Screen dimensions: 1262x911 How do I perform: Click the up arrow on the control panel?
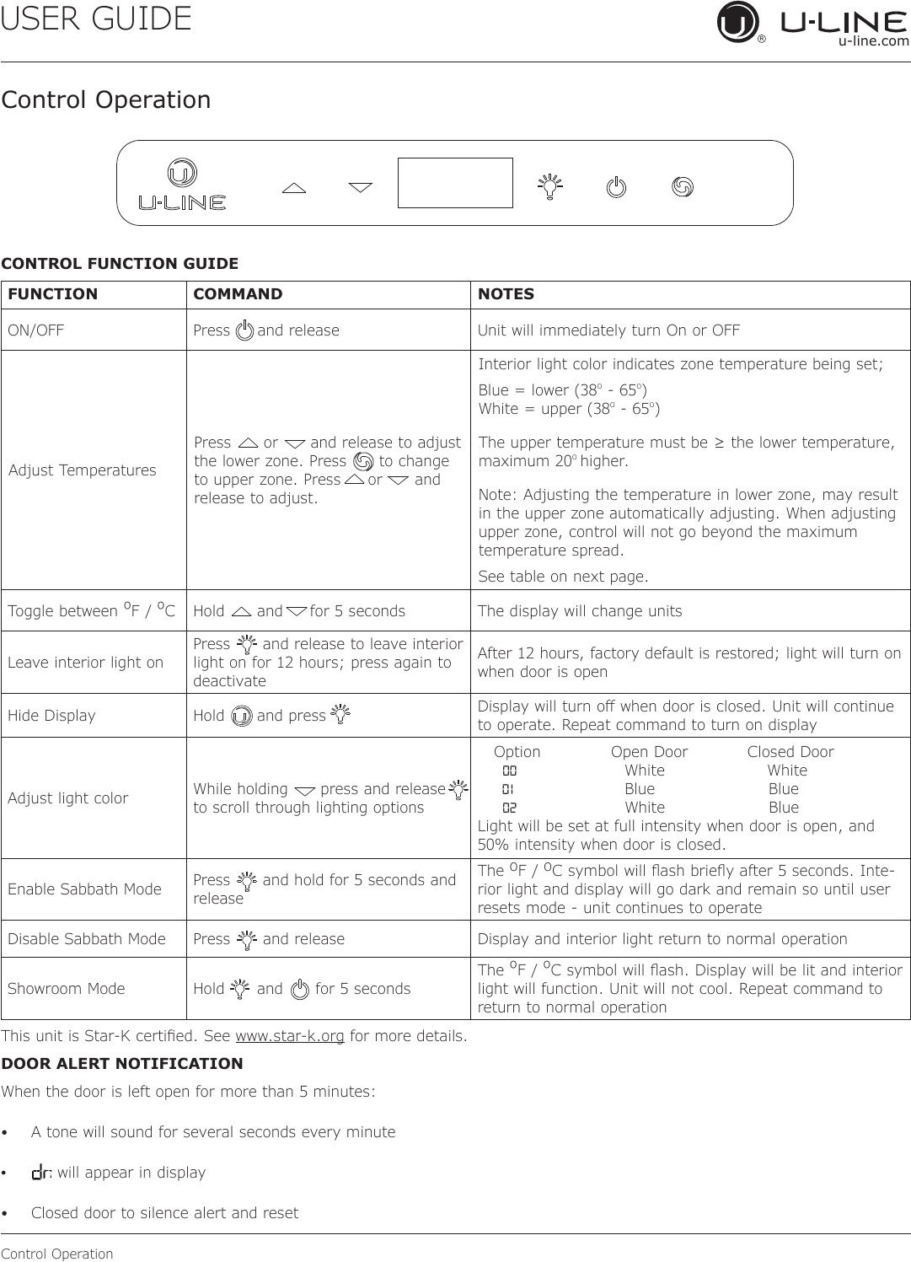[294, 188]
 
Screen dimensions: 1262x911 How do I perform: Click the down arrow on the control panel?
[361, 187]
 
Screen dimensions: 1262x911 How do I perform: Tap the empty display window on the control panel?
[455, 183]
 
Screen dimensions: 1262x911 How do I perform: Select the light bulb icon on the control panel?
[550, 186]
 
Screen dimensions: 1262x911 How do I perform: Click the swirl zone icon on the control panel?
[683, 186]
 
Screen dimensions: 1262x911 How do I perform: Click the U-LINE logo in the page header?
[813, 24]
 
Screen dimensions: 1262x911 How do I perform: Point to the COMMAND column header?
[238, 294]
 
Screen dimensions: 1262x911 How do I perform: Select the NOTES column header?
[506, 294]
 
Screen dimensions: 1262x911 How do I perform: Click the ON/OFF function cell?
[36, 330]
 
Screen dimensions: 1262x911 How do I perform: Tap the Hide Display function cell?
[51, 716]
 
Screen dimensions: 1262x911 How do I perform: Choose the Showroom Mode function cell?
[67, 989]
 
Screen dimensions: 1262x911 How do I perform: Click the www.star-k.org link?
[290, 1035]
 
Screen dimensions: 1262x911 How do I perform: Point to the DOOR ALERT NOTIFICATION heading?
[122, 1064]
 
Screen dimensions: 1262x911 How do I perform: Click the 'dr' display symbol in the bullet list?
[42, 1173]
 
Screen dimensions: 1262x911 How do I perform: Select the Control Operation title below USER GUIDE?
[106, 99]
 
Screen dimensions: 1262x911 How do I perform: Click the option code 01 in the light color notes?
[509, 789]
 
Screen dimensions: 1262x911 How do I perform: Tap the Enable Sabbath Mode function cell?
[84, 889]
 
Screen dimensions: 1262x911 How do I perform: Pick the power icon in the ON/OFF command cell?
[244, 330]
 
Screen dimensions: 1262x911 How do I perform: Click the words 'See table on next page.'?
[564, 577]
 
